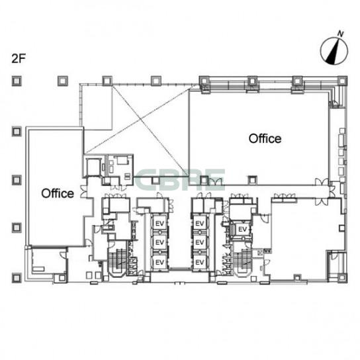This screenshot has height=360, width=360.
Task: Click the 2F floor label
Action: (19, 58)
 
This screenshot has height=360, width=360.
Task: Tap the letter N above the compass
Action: (341, 34)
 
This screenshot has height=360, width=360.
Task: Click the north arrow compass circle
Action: (334, 51)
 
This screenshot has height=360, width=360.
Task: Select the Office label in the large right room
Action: (265, 139)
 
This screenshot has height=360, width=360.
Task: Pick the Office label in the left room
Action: (58, 193)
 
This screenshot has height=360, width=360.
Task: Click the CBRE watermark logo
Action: (180, 179)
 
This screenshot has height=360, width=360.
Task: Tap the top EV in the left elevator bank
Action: (159, 223)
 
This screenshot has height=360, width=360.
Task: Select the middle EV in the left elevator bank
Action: (159, 242)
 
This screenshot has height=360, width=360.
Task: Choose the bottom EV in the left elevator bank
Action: (159, 262)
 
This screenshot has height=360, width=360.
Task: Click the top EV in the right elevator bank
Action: (199, 223)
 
